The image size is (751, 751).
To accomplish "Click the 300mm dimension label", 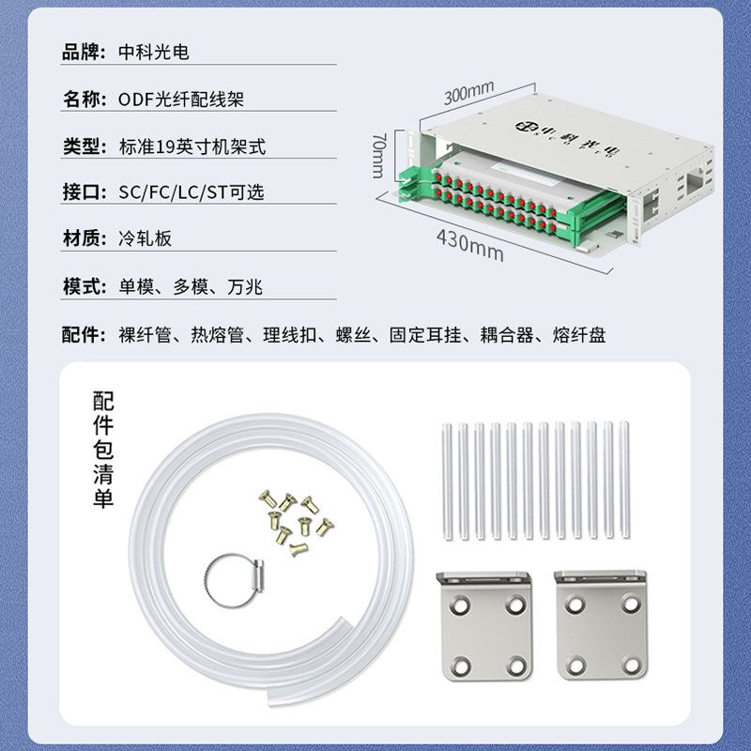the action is (468, 93).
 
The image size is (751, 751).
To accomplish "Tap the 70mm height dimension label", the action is (378, 156).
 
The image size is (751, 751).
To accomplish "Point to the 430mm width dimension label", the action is (470, 245).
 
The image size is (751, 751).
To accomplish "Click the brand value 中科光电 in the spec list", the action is (154, 53).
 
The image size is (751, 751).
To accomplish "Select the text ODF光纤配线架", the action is (181, 100).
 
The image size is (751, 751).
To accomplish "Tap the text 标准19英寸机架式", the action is (192, 146).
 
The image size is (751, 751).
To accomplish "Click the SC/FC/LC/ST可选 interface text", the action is (192, 192).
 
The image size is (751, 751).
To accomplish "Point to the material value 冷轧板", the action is (146, 238).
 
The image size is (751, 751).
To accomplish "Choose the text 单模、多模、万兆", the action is (191, 287).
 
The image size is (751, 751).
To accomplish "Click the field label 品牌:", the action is (84, 53).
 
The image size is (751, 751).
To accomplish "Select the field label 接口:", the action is (84, 192).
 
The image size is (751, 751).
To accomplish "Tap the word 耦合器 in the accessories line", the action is (507, 335).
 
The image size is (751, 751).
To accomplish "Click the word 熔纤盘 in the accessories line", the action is (579, 335).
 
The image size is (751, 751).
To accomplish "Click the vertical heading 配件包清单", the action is (103, 450).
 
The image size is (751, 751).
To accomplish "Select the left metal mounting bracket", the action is (484, 625).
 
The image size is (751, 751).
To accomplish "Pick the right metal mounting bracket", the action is (601, 624).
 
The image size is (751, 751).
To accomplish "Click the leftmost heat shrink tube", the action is (448, 482).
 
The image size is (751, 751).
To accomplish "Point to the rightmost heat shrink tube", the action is (624, 480).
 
